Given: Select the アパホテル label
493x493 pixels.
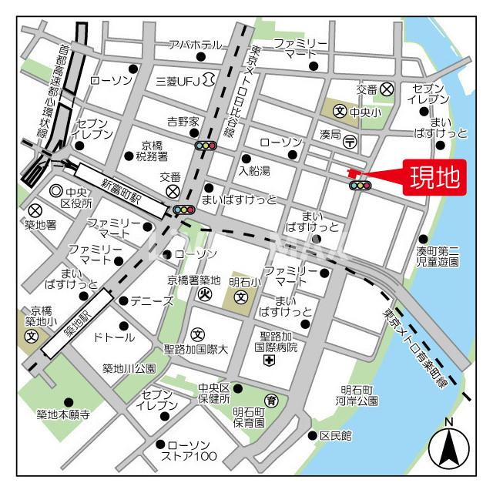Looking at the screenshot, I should click(195, 44).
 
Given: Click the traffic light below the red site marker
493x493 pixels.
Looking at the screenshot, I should click(360, 185).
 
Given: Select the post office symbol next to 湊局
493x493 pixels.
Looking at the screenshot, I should click(350, 141).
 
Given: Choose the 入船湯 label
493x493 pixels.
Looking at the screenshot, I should click(253, 170).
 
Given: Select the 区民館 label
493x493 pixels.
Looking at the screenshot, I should click(335, 436).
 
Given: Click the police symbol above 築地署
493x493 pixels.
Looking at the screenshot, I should click(35, 210).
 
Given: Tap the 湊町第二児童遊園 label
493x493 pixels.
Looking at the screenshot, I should click(438, 257).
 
